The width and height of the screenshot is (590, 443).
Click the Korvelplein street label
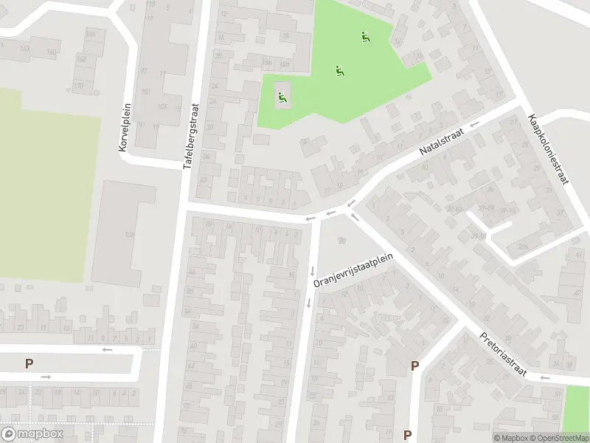click(x=124, y=128)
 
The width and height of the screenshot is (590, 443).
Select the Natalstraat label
click(x=442, y=140)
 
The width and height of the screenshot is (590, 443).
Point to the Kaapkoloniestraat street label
click(x=547, y=149)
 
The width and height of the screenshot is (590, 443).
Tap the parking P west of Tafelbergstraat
click(x=29, y=363)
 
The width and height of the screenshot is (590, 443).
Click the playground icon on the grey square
click(x=282, y=95)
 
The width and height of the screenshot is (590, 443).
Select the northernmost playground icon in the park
click(x=364, y=35)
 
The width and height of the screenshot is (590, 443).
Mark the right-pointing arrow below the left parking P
click(x=46, y=377)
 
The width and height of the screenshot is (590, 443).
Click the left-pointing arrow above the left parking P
click(x=108, y=349)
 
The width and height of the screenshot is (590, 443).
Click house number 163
click(x=25, y=49)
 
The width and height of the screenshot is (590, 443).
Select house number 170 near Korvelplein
click(x=78, y=86)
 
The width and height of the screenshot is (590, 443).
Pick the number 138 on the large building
click(x=130, y=235)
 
